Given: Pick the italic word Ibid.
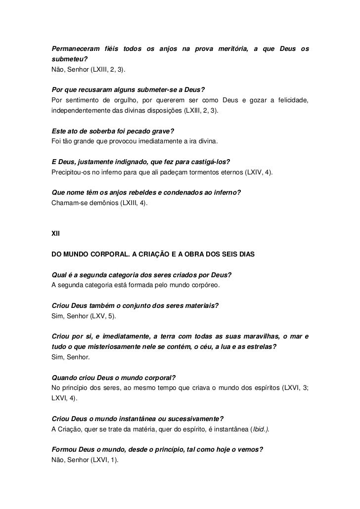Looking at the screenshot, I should click(261, 429).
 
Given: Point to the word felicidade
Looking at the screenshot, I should click(290, 101).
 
